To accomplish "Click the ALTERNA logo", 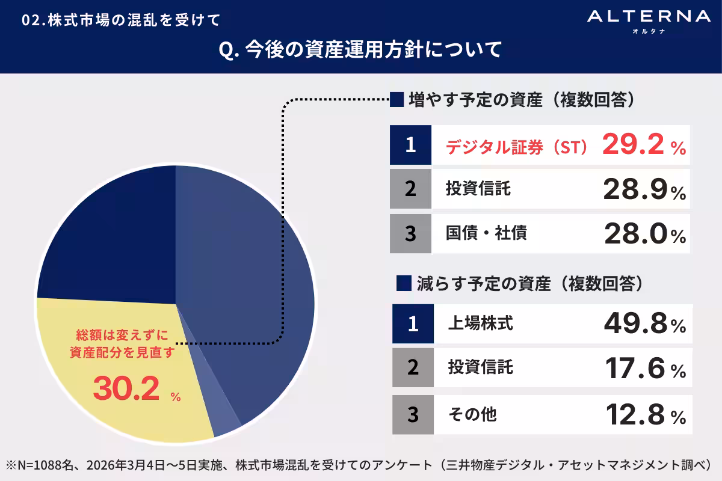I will [649, 19].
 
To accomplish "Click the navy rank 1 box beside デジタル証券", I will [411, 145].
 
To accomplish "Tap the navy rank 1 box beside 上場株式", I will [413, 325].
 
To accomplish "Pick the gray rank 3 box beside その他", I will [413, 414].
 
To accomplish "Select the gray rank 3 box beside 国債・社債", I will [411, 233].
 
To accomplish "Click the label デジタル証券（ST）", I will [516, 146].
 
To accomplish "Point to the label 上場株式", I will [480, 325].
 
